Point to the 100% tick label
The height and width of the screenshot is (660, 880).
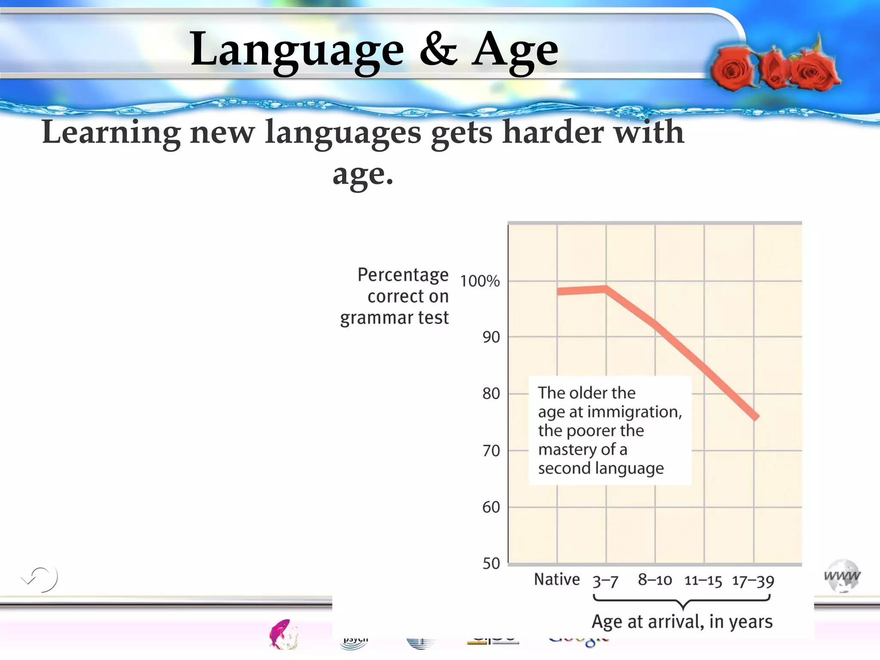click(480, 281)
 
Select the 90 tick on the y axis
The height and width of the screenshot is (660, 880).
click(491, 337)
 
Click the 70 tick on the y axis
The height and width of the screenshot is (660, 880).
click(491, 451)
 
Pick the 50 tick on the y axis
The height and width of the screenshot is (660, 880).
click(491, 563)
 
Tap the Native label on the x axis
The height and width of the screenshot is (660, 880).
click(557, 580)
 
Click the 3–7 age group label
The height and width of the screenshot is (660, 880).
click(605, 581)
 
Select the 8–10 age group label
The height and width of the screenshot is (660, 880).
click(655, 580)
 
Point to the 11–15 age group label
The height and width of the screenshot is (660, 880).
click(703, 581)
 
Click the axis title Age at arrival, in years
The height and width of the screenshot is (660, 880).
click(682, 622)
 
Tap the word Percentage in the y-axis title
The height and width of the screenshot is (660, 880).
click(403, 275)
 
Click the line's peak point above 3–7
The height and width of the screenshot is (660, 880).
click(606, 288)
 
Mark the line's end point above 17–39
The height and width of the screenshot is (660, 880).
click(755, 417)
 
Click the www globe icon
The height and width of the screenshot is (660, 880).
click(842, 576)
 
